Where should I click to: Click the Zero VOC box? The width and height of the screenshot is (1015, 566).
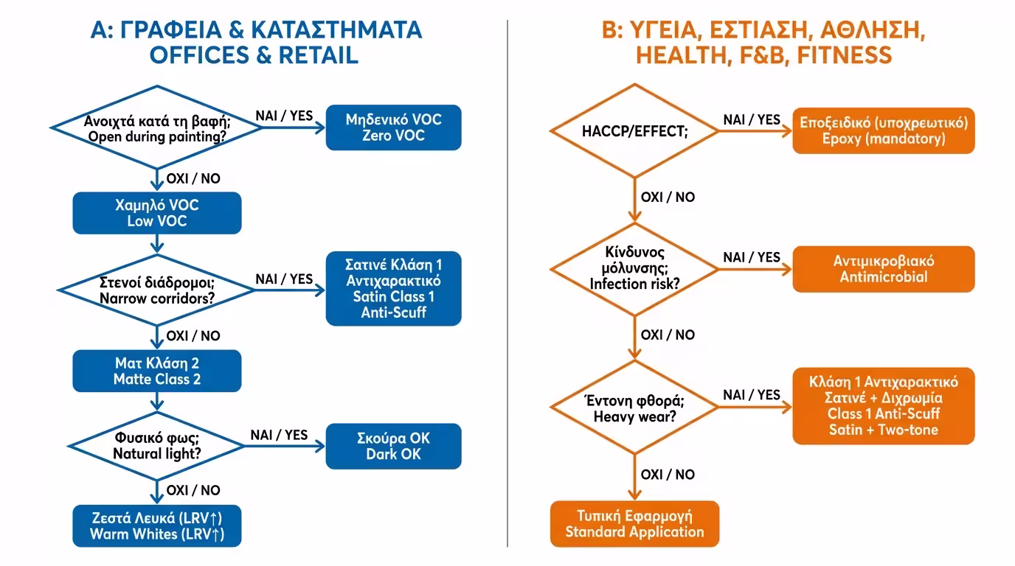point(393,127)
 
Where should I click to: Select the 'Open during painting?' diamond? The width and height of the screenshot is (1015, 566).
point(157,127)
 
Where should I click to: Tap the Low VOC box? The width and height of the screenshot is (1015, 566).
point(157,213)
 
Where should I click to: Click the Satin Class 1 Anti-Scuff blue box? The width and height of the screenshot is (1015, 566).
point(393,288)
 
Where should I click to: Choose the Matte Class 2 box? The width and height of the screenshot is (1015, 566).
point(157,371)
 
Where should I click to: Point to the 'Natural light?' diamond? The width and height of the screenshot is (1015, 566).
point(157,445)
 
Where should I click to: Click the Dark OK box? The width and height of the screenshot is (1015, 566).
point(393,446)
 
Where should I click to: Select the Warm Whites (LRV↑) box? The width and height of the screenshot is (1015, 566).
point(157,525)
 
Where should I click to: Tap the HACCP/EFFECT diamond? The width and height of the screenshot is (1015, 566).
point(634,132)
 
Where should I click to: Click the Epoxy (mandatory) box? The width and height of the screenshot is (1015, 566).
point(883,130)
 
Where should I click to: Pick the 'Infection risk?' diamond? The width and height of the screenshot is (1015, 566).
point(634,269)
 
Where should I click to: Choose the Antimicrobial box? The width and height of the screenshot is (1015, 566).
point(883,269)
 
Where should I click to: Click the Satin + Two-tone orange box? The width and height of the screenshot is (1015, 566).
point(883,406)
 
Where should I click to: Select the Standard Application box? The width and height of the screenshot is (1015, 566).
point(634,523)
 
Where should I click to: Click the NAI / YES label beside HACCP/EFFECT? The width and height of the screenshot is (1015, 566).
point(751,119)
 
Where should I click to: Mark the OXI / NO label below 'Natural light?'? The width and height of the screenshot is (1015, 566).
point(193,490)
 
